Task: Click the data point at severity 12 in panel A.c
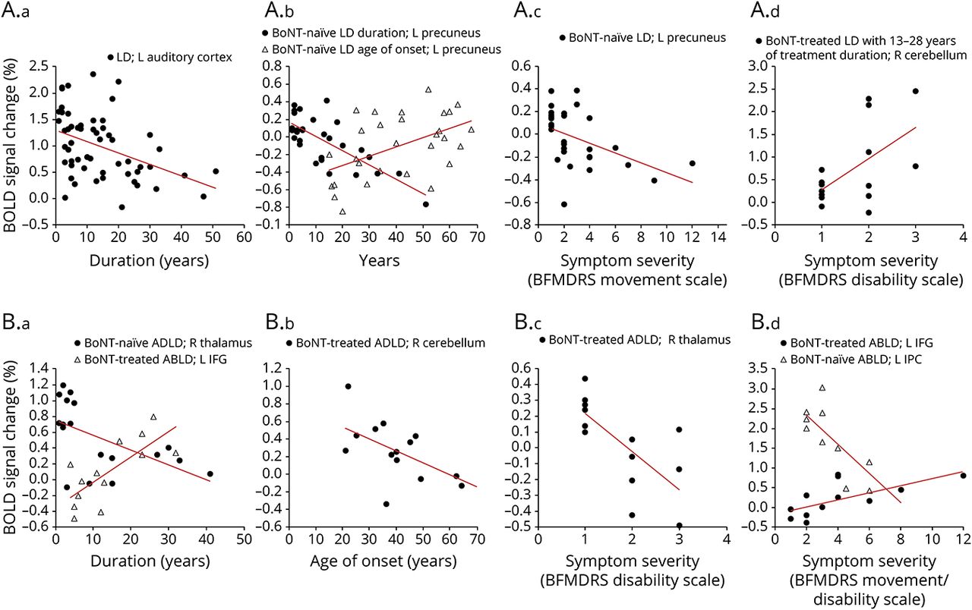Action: pos(692,163)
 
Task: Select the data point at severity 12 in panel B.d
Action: pos(963,476)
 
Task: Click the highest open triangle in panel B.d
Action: pos(822,388)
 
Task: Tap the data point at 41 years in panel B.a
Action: pos(210,474)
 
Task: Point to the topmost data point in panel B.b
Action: pos(348,386)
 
